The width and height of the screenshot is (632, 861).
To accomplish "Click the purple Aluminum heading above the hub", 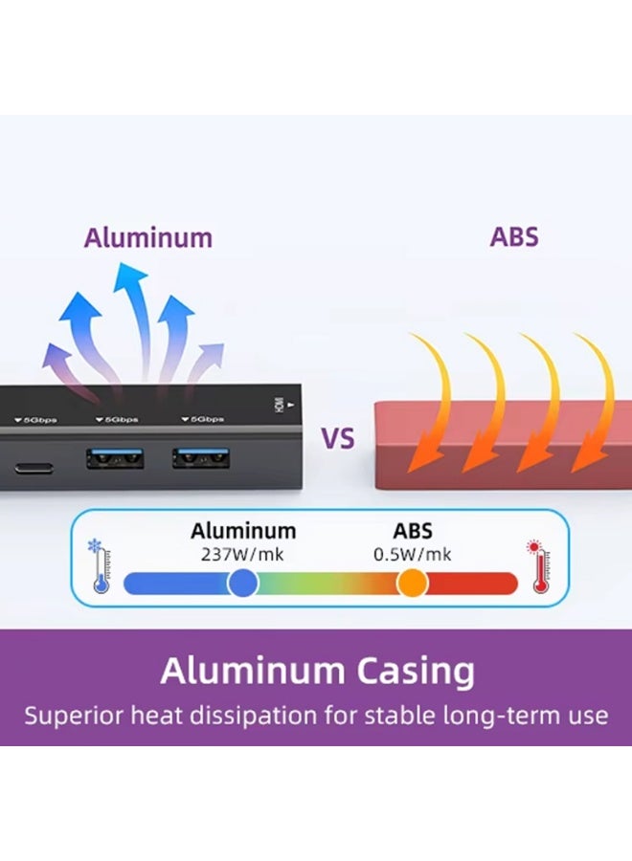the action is click(x=147, y=238).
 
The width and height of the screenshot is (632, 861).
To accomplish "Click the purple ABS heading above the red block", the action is click(x=514, y=236).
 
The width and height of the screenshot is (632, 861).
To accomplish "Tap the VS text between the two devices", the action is click(x=337, y=438).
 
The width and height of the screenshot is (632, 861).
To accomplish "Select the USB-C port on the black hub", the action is click(x=34, y=469).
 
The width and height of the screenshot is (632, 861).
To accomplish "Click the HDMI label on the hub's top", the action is click(x=280, y=406).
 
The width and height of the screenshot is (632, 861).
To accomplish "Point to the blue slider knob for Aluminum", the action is click(x=242, y=583).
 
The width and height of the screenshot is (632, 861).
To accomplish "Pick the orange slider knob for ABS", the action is click(x=412, y=583).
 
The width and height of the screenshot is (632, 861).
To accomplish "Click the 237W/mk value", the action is click(x=242, y=554).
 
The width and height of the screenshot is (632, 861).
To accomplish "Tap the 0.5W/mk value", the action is click(x=412, y=554).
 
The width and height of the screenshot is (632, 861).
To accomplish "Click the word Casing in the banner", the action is click(x=415, y=672).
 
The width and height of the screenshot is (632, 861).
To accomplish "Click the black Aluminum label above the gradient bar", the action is click(x=243, y=531).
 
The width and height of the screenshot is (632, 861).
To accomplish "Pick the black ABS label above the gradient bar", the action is click(x=413, y=531).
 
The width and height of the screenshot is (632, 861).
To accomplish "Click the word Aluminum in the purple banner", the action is click(x=252, y=671).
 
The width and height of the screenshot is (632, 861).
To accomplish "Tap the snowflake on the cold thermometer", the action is click(x=95, y=546).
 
